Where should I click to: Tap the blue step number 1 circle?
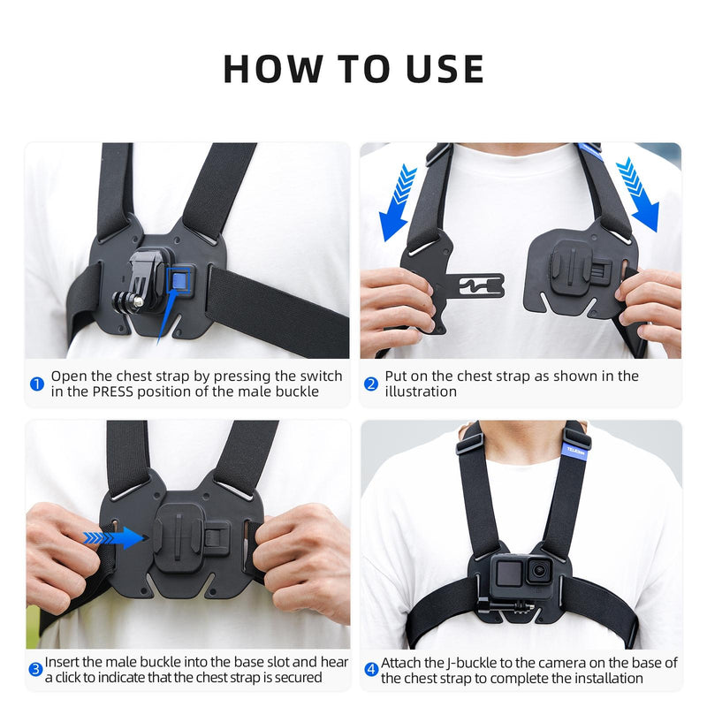37,384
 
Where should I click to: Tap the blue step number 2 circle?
371,384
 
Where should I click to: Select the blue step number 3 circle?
35,670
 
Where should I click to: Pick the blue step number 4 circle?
371,670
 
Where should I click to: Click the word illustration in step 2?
421,392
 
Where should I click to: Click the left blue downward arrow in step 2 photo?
397,201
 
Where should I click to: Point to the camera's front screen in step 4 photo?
507,574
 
